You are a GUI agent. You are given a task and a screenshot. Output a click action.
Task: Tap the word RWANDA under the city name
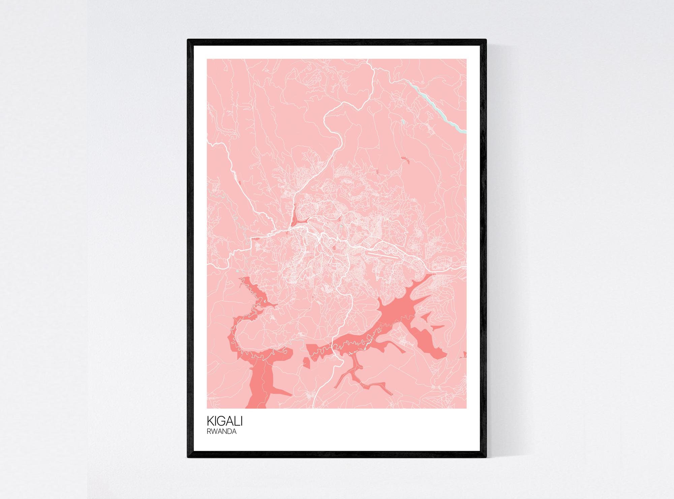221,432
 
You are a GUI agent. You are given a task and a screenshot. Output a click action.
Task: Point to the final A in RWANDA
234,432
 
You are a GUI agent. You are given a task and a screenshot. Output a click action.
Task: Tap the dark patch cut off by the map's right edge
465,354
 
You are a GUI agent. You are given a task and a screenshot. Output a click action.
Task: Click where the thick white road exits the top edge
368,60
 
